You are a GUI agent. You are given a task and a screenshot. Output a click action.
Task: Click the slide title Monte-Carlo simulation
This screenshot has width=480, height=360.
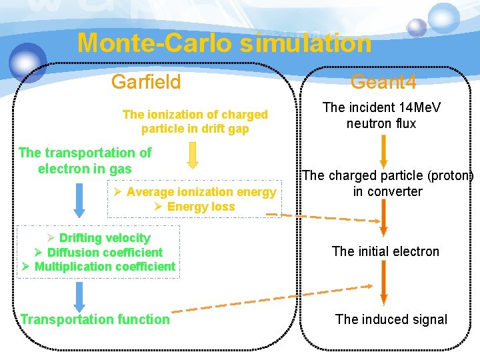point(224,43)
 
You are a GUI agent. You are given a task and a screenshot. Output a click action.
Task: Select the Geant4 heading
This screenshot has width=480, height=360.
point(383,82)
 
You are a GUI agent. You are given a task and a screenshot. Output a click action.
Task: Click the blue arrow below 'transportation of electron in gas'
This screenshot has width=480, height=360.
point(79,199)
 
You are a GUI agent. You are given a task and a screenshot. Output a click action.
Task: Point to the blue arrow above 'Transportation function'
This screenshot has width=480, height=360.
point(79,296)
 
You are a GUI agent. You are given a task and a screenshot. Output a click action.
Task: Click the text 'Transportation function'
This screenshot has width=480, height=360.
point(95,319)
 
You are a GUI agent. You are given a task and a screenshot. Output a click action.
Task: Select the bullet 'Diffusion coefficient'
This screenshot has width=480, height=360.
point(105,252)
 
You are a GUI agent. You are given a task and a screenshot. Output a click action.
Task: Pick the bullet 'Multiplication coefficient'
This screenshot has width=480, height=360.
point(105,267)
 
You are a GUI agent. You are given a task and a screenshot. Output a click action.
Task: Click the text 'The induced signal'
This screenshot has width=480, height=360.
point(391,319)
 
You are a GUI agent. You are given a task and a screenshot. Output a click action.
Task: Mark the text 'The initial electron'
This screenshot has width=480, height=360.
point(385,251)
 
